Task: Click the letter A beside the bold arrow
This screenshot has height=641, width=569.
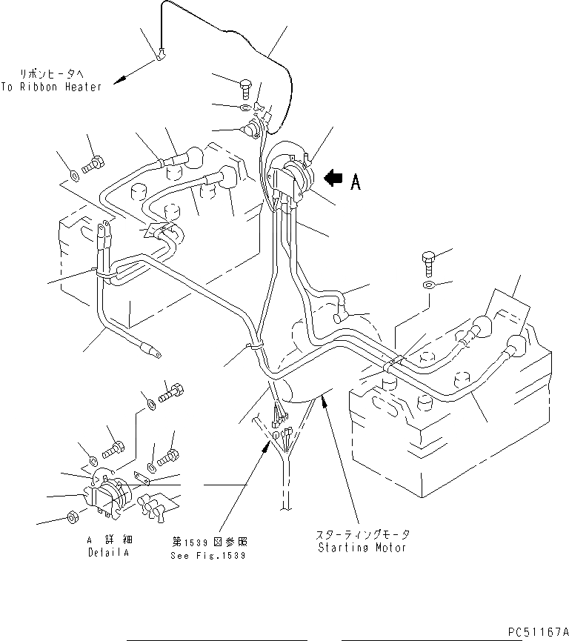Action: (356, 182)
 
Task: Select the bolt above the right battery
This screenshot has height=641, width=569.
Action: (428, 261)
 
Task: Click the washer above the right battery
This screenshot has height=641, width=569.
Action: (429, 285)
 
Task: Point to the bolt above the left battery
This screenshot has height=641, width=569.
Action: (94, 165)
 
